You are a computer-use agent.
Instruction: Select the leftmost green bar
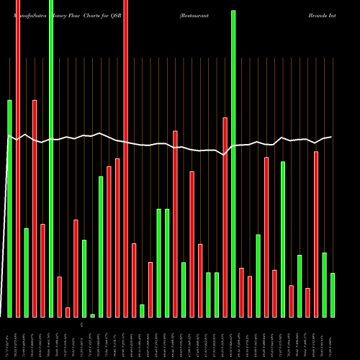(x=10, y=208)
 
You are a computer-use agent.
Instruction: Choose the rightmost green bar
(x=333, y=295)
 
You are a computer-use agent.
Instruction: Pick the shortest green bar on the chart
(x=93, y=315)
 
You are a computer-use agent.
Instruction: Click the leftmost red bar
(x=18, y=158)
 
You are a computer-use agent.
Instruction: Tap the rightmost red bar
(x=316, y=234)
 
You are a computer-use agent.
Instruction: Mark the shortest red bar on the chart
(x=68, y=312)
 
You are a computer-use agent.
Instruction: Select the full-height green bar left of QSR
(x=51, y=158)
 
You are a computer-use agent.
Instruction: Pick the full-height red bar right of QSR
(x=126, y=158)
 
